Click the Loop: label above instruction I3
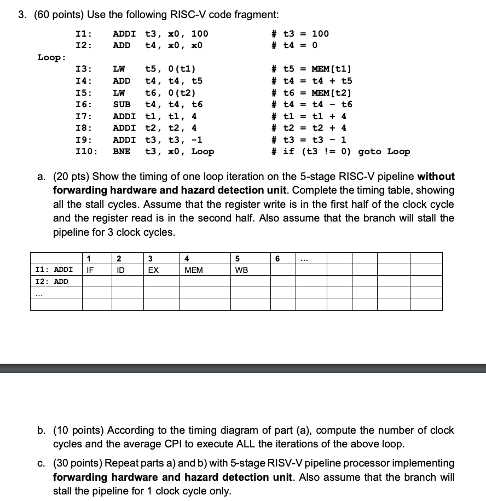pos(52,57)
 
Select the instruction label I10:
pos(86,152)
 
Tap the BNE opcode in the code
pos(121,152)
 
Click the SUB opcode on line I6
pos(121,104)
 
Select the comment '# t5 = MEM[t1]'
pos(312,69)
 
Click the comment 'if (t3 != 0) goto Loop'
pos(346,152)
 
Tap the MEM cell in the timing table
pos(193,270)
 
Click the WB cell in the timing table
pos(241,270)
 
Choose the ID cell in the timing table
pos(120,270)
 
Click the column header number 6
pos(277,258)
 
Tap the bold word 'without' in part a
pos(436,177)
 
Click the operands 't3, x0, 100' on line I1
pos(176,34)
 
